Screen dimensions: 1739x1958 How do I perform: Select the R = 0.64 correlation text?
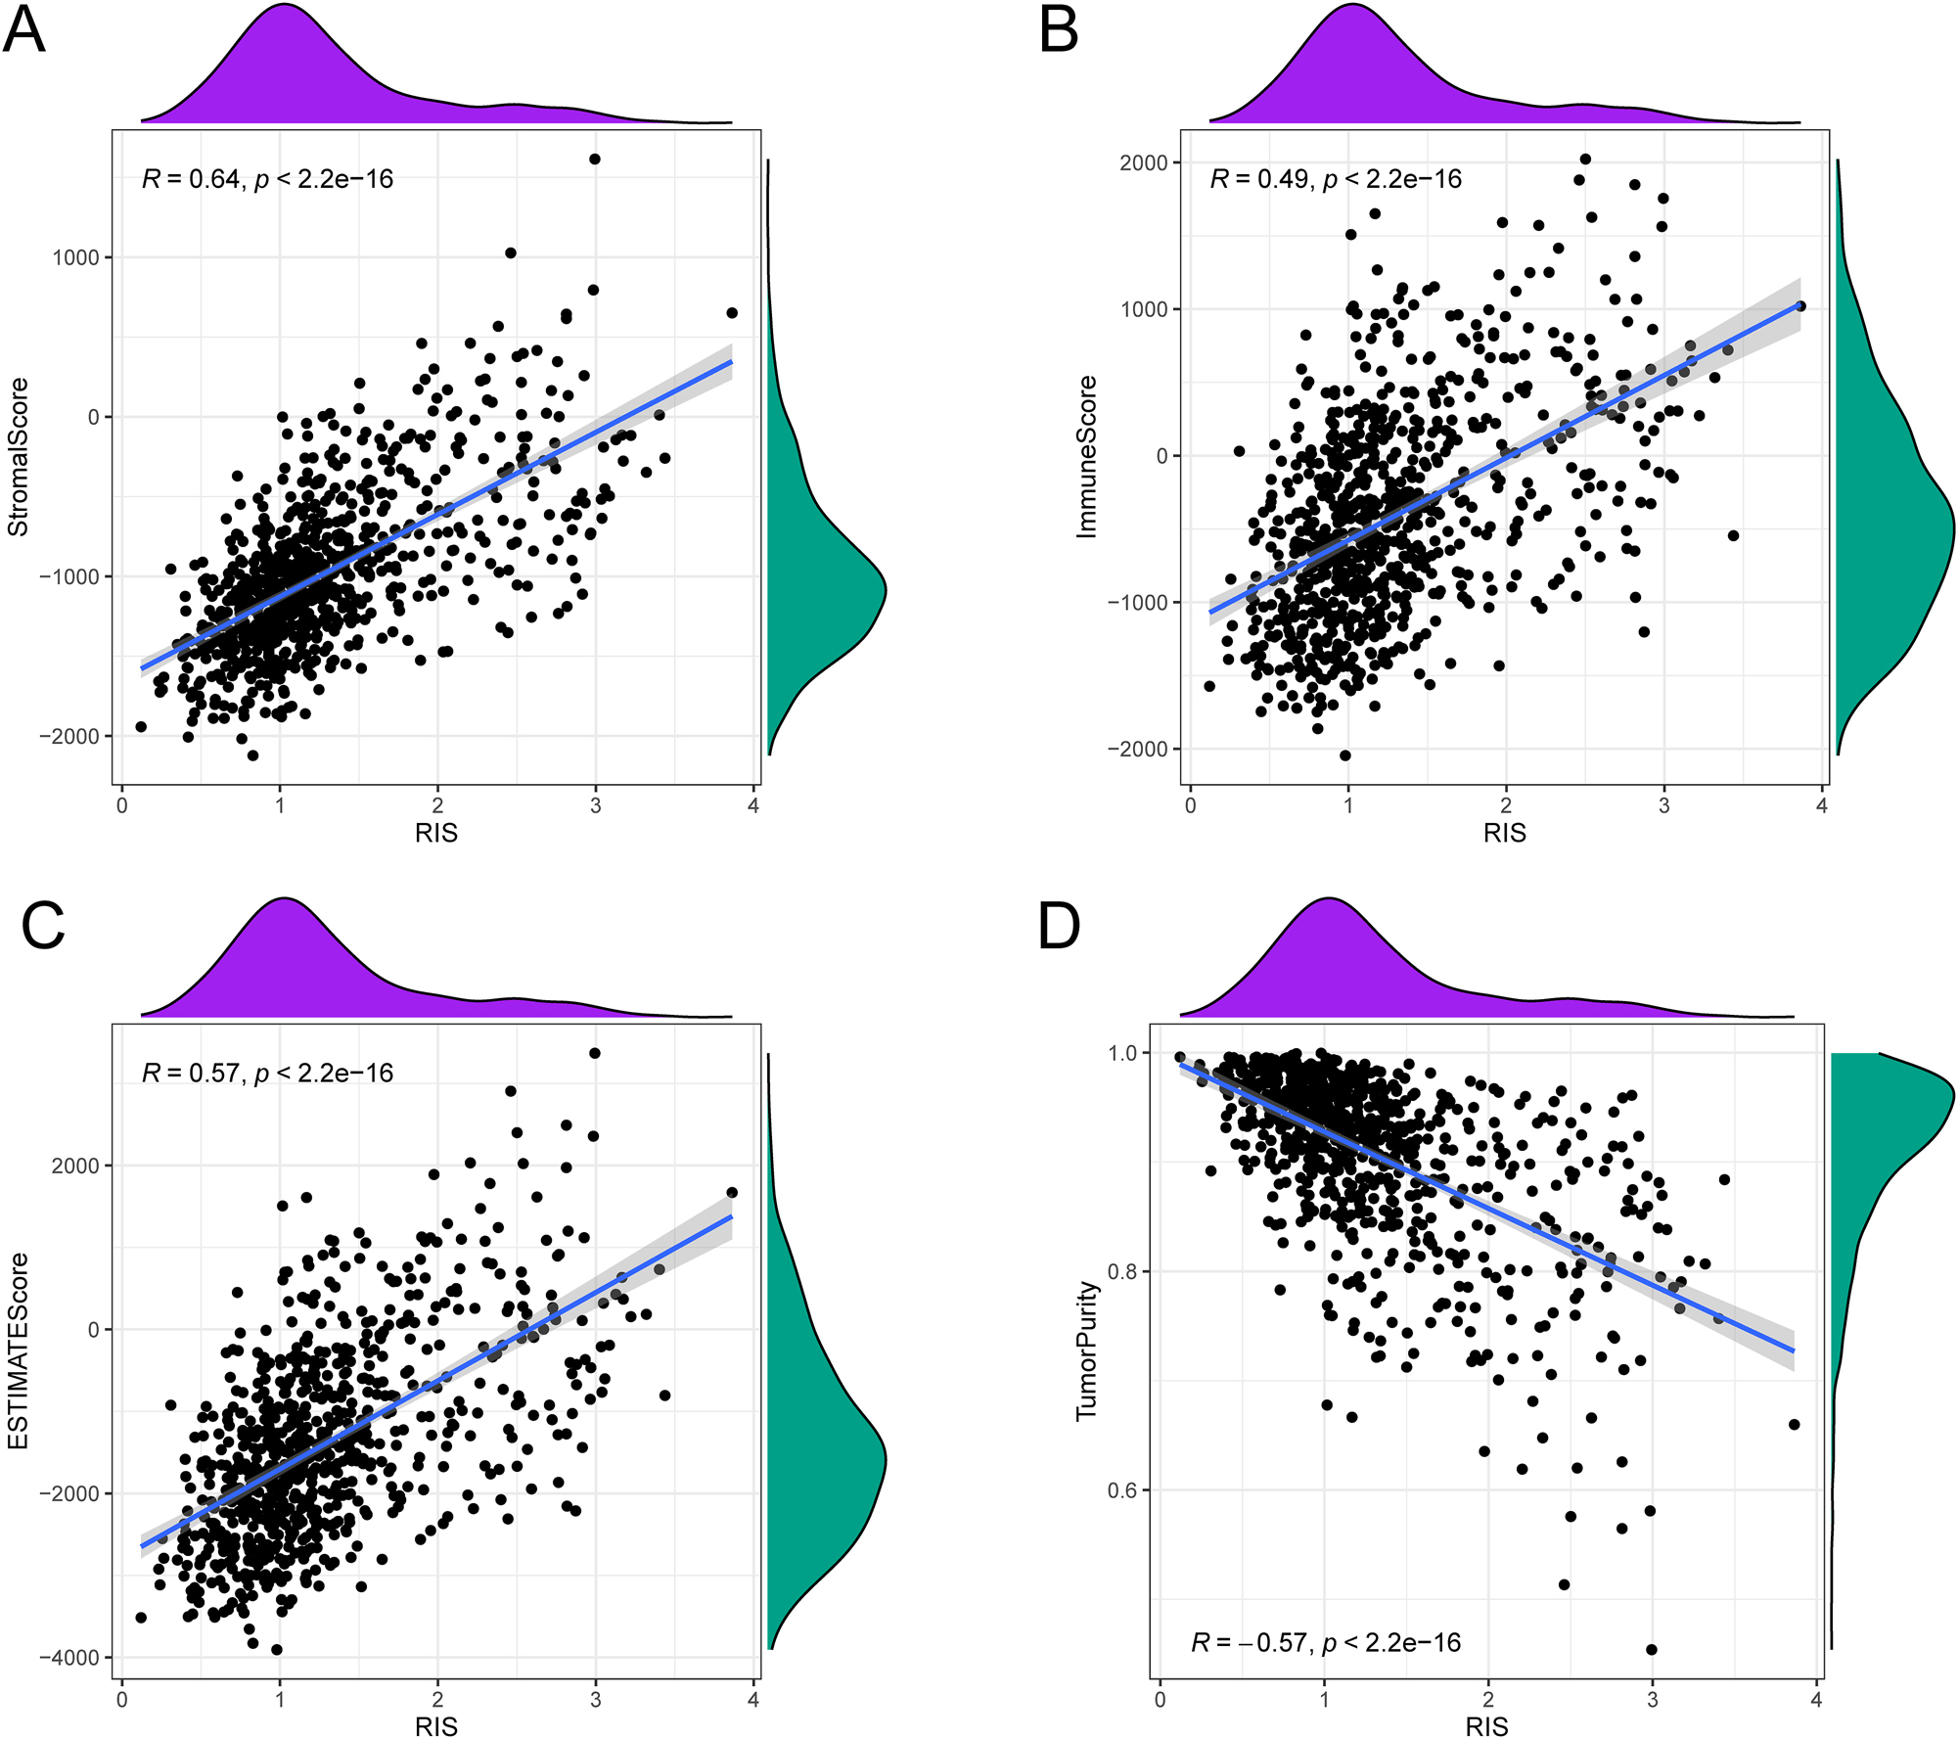[x=267, y=179]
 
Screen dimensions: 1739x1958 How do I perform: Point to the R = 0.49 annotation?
[x=1336, y=179]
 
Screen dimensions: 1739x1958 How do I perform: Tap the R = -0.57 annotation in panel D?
[x=1325, y=1642]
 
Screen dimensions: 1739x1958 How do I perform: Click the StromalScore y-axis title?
[x=19, y=457]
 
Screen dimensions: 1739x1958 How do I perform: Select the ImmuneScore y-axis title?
[x=1086, y=457]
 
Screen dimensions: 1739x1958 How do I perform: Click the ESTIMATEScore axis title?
[x=19, y=1350]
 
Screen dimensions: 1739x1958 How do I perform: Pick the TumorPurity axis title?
[x=1086, y=1350]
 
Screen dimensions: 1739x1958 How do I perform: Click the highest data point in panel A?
[x=595, y=159]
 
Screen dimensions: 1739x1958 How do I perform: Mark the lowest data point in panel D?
[x=1652, y=1649]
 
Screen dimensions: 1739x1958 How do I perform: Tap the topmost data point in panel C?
[x=595, y=1053]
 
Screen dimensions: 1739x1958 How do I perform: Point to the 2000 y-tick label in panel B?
[x=1144, y=163]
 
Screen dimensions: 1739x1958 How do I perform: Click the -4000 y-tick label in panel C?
[x=69, y=1658]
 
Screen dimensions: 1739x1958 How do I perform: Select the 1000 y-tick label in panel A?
[x=76, y=257]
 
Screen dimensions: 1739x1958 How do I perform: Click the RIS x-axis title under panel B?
[x=1504, y=833]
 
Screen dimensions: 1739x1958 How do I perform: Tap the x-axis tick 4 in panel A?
[x=752, y=806]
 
